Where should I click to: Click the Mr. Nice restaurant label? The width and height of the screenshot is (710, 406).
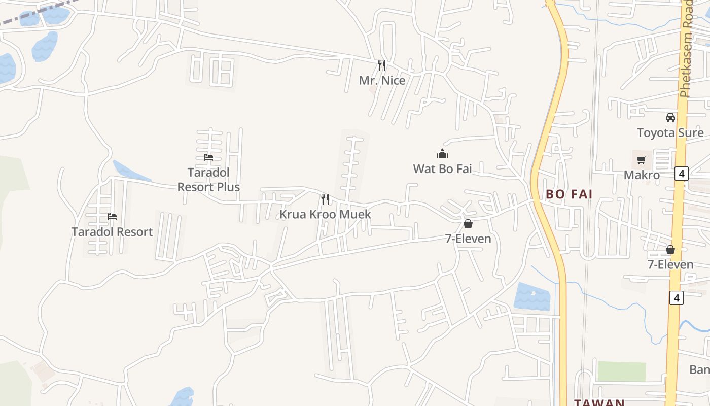[x=382, y=80]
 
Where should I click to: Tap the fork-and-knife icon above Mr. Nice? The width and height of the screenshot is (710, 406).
[x=382, y=65]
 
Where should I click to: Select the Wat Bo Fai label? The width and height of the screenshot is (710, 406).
[x=442, y=168]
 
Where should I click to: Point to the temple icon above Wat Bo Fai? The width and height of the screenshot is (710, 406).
[x=442, y=154]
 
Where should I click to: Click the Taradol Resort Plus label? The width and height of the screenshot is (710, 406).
[x=208, y=180]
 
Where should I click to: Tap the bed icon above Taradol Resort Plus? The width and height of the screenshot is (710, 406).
[x=208, y=157]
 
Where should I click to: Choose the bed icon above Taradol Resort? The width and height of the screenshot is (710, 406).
[x=112, y=217]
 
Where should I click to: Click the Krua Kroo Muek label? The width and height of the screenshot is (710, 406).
[x=325, y=214]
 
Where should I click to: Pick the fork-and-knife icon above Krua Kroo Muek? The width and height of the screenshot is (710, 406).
[x=325, y=199]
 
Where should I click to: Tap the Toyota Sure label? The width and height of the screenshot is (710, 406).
[x=670, y=133]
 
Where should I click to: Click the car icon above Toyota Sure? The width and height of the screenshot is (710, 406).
[x=670, y=118]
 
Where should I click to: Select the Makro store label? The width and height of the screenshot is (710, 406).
[x=642, y=175]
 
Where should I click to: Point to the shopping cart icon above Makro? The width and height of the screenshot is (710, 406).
[x=642, y=160]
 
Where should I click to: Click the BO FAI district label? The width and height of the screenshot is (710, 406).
[x=569, y=194]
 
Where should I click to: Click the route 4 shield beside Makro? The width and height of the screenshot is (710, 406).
[x=681, y=174]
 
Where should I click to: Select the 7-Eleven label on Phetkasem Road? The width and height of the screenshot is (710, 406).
[x=670, y=264]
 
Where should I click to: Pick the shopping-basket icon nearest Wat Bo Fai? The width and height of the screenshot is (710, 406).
[x=468, y=224]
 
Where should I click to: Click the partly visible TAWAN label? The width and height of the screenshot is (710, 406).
[x=599, y=402]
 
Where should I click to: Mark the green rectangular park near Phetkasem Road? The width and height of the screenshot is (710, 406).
[x=621, y=371]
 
